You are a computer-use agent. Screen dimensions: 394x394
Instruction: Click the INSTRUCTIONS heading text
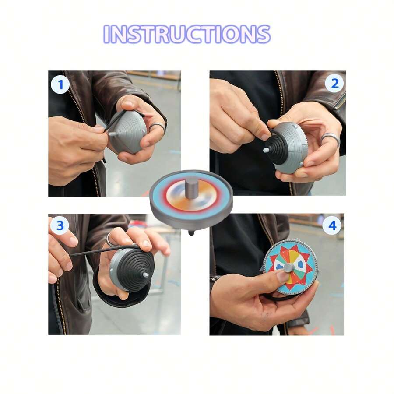click(x=187, y=34)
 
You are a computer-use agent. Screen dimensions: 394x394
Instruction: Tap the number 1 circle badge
click(x=60, y=85)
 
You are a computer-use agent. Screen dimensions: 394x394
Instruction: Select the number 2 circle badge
click(x=334, y=83)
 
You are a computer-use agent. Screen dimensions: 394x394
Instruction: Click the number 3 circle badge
click(x=60, y=226)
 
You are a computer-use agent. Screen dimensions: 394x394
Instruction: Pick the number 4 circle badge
click(x=332, y=226)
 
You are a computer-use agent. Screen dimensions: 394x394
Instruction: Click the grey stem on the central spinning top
click(x=191, y=187)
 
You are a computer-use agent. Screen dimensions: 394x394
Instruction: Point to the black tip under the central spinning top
click(x=191, y=232)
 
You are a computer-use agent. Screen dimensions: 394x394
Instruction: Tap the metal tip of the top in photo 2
click(x=266, y=149)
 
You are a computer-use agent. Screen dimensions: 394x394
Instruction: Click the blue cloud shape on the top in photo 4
click(x=301, y=264)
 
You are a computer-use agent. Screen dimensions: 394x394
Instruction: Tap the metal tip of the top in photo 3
click(x=146, y=275)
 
